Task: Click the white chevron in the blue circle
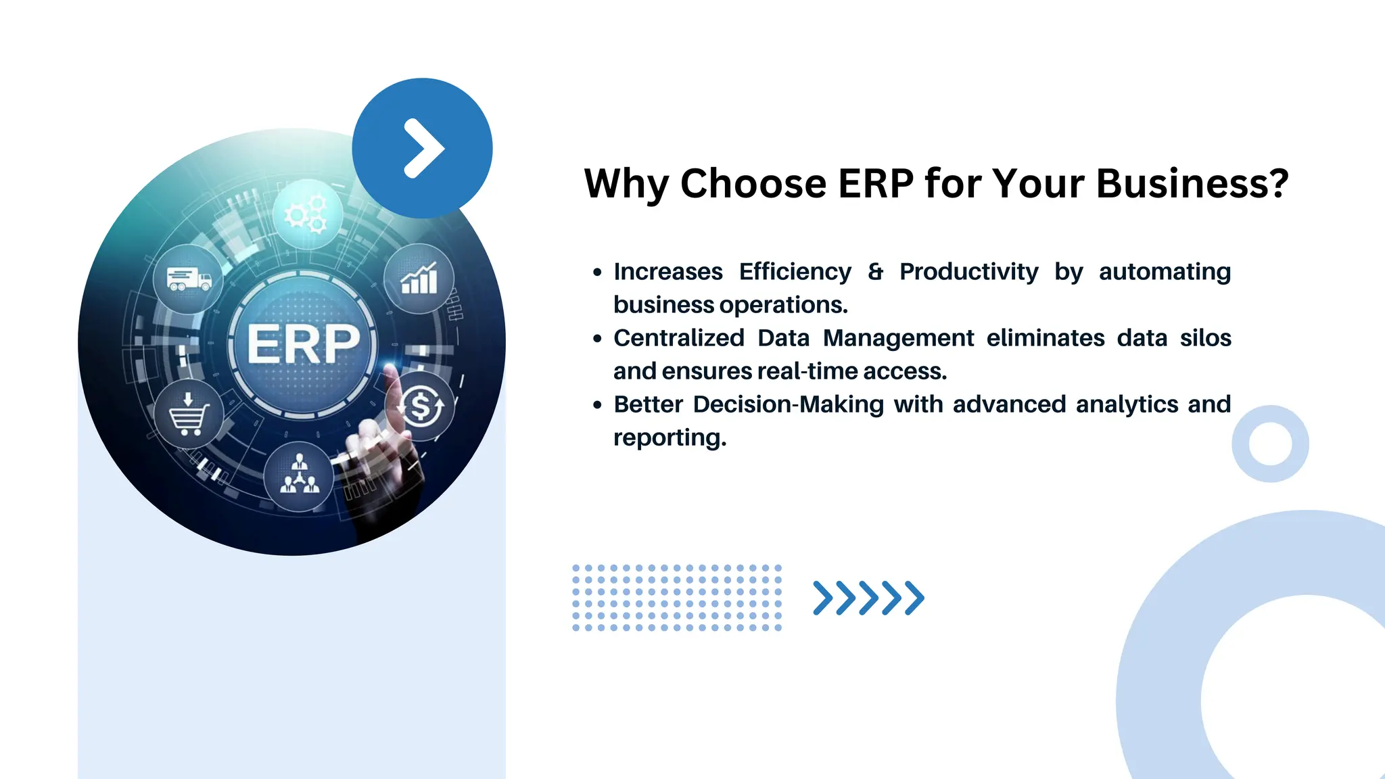(423, 149)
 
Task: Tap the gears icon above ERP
(307, 214)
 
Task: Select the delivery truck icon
(189, 279)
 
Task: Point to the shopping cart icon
(188, 414)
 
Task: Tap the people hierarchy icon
(299, 475)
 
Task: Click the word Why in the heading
(626, 184)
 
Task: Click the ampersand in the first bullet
(876, 272)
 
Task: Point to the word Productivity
(968, 272)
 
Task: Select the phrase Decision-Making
(789, 404)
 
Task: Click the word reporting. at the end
(670, 438)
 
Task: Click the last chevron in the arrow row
(915, 598)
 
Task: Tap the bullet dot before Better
(597, 405)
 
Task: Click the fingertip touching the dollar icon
(391, 371)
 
